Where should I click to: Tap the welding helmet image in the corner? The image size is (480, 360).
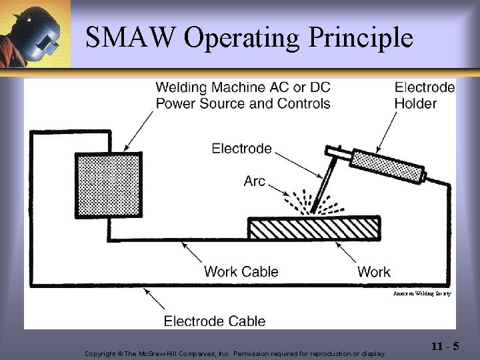[x=35, y=33]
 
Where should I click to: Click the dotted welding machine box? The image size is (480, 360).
[x=108, y=185]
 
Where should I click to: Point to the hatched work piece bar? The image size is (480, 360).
[x=313, y=228]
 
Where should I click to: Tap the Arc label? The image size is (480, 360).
[x=255, y=181]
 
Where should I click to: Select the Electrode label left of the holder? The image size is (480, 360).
[x=241, y=148]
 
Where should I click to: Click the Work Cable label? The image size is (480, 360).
[x=241, y=271]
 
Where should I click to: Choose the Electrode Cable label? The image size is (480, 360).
[x=215, y=321]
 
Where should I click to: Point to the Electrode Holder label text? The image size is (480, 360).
[x=425, y=95]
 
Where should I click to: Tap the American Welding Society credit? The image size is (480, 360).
[x=422, y=293]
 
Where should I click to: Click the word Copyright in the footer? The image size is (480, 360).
[x=100, y=353]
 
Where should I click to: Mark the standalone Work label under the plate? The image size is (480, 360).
[x=374, y=271]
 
